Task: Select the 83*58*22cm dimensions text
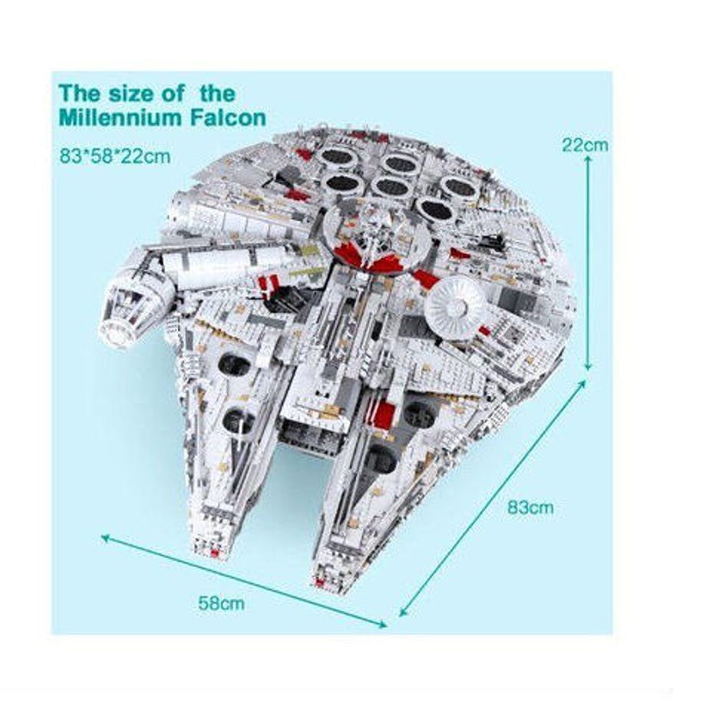(115, 157)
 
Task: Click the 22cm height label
(585, 145)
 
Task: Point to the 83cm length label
(530, 507)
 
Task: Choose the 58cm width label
(222, 603)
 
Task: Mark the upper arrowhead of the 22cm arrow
(588, 160)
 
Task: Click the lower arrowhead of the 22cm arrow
(588, 367)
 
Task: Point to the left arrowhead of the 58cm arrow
(105, 538)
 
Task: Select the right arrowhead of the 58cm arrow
(383, 624)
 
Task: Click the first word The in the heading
(79, 94)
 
